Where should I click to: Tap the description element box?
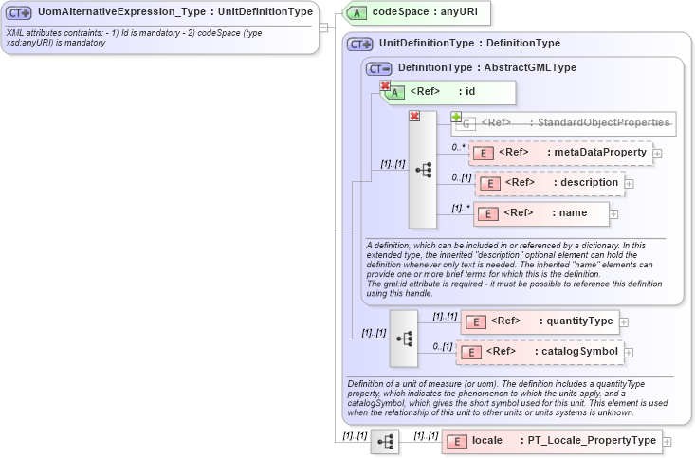pyautogui.click(x=550, y=182)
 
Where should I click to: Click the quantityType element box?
pyautogui.click(x=540, y=321)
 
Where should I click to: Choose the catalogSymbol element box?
pyautogui.click(x=540, y=352)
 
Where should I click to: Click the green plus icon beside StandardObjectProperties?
pyautogui.click(x=457, y=117)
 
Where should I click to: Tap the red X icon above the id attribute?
pyautogui.click(x=385, y=85)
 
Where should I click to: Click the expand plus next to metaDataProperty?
pyautogui.click(x=657, y=153)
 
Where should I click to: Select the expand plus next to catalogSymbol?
pyautogui.click(x=628, y=353)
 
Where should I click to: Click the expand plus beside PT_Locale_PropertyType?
pyautogui.click(x=668, y=442)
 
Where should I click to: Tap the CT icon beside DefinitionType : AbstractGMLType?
pyautogui.click(x=379, y=68)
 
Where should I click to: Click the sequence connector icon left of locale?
pyautogui.click(x=385, y=442)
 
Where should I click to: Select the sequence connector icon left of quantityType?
pyautogui.click(x=403, y=339)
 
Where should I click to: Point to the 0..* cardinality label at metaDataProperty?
pyautogui.click(x=458, y=147)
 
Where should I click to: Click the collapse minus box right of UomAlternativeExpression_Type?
pyautogui.click(x=324, y=27)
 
